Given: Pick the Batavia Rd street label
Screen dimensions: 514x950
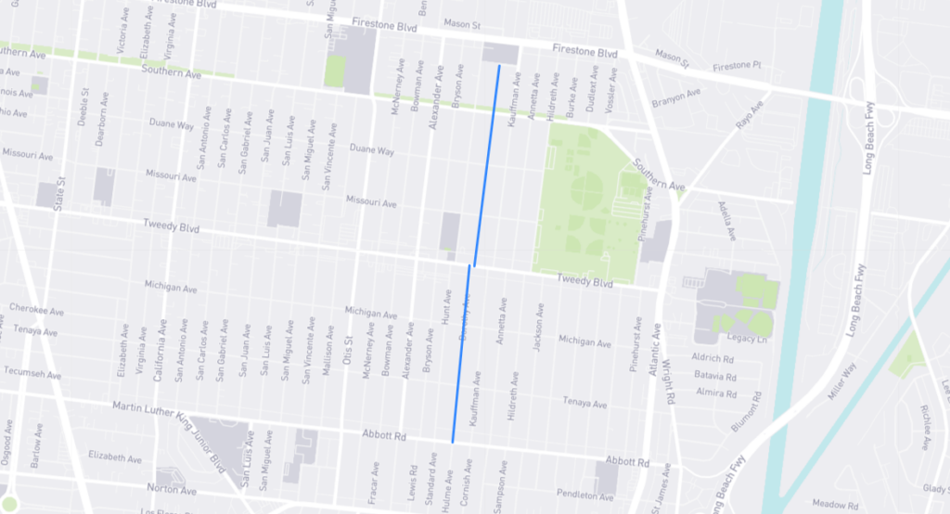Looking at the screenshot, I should click(714, 376).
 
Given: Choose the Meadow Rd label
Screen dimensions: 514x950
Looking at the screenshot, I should click(830, 505).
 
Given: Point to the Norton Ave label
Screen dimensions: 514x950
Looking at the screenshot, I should click(173, 489).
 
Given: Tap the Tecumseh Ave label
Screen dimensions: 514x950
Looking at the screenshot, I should click(33, 373).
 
